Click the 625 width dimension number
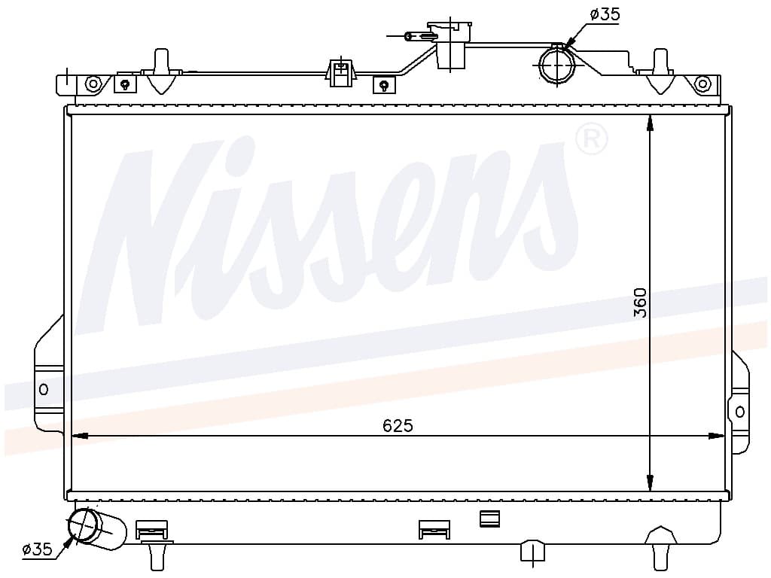[x=398, y=425]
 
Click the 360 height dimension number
[x=640, y=303]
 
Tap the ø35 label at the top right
[x=605, y=14]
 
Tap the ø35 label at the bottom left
[x=37, y=549]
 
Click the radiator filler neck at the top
[x=450, y=45]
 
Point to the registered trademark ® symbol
[x=592, y=139]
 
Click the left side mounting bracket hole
[x=43, y=390]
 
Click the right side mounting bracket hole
[x=740, y=412]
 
